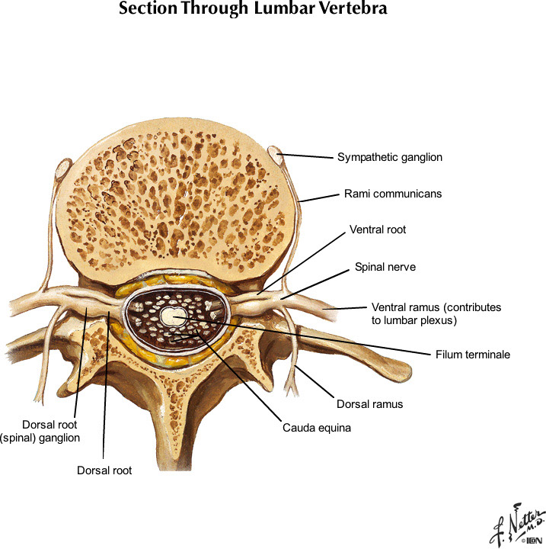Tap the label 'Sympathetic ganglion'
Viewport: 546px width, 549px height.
click(390, 158)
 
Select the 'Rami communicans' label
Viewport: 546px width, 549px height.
click(391, 194)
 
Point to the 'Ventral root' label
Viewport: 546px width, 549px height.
click(378, 229)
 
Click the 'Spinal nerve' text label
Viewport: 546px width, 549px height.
click(385, 268)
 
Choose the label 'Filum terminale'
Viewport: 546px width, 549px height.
click(473, 355)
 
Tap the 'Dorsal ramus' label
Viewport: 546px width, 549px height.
click(369, 403)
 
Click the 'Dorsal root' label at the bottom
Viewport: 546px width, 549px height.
click(104, 470)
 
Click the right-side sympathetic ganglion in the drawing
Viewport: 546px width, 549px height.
click(277, 159)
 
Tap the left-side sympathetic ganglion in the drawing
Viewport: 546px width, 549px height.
click(65, 165)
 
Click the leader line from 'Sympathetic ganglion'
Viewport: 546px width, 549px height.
click(308, 157)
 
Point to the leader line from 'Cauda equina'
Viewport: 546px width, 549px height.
click(244, 374)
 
